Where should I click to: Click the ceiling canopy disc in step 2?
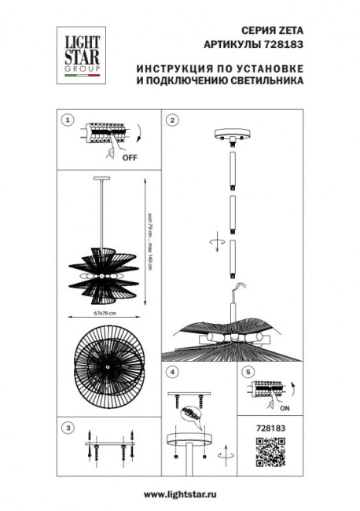(x=233, y=134)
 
